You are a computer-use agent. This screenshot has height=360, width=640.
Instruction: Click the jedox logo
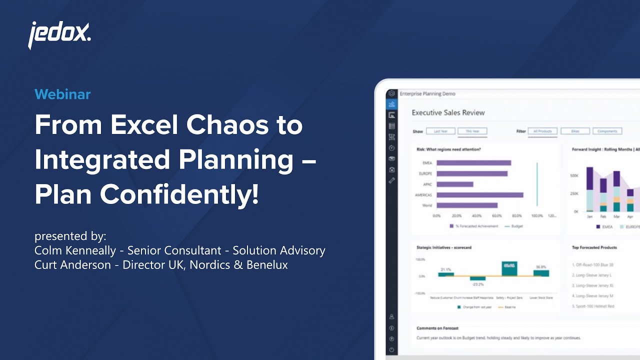click(x=59, y=35)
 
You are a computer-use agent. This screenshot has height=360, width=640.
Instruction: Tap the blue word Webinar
click(x=62, y=94)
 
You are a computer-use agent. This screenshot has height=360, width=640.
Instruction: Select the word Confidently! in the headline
click(x=179, y=194)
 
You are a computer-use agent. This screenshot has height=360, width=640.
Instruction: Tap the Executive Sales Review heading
click(x=448, y=112)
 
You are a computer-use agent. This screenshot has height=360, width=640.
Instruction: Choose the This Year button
click(x=472, y=131)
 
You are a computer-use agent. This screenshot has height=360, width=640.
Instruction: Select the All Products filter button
click(x=542, y=131)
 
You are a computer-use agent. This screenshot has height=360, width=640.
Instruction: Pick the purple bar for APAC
click(x=454, y=184)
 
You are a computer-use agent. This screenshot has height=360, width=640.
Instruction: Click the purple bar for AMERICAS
click(x=479, y=195)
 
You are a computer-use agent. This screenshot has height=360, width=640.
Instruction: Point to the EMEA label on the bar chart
click(x=427, y=163)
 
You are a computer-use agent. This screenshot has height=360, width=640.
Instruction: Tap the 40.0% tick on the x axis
click(x=476, y=216)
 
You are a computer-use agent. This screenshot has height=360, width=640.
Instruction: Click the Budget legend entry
click(x=516, y=226)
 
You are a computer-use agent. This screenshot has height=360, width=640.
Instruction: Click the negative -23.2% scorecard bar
click(x=477, y=278)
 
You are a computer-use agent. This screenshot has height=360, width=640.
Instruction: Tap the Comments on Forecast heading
click(x=437, y=328)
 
